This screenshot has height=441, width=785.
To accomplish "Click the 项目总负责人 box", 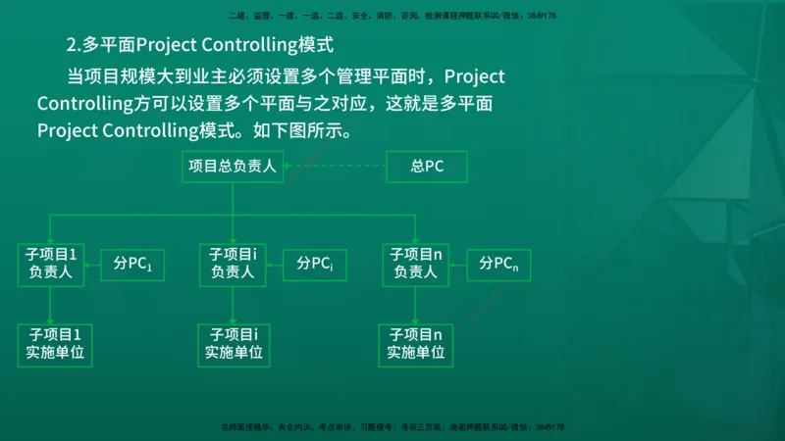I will [233, 167].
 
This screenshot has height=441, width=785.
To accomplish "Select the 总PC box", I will [427, 167].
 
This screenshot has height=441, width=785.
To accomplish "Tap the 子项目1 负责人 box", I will [51, 264].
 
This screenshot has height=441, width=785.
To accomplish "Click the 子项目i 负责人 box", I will [233, 264].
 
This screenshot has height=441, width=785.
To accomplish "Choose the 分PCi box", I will [315, 264].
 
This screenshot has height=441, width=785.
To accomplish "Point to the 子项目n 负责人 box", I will [415, 264].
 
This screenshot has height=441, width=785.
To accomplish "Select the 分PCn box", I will [498, 264].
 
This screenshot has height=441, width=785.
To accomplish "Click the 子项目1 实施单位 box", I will [55, 344].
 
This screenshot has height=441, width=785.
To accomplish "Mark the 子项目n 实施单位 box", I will [416, 344].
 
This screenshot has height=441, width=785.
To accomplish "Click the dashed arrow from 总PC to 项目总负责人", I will [335, 167].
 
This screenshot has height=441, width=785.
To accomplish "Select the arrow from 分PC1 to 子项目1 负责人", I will [93, 264].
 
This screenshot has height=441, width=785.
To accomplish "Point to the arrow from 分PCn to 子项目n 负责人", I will [458, 264].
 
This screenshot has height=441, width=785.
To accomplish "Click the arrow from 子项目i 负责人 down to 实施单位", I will [233, 305].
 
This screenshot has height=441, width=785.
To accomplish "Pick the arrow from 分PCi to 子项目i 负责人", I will [275, 264].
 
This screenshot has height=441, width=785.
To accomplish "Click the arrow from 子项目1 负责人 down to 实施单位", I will [52, 305].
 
